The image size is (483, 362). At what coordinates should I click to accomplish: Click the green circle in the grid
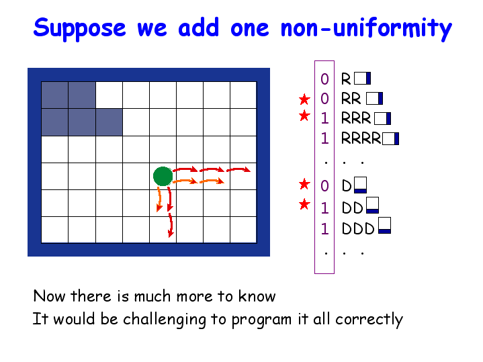pyautogui.click(x=163, y=176)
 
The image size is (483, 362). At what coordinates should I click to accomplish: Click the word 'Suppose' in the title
pyautogui.click(x=79, y=28)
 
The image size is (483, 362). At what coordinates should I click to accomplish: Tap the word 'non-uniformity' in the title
pyautogui.click(x=366, y=28)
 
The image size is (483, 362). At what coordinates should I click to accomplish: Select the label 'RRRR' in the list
pyautogui.click(x=361, y=138)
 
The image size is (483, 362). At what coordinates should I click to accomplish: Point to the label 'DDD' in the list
pyautogui.click(x=358, y=228)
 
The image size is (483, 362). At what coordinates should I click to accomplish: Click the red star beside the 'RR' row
pyautogui.click(x=304, y=99)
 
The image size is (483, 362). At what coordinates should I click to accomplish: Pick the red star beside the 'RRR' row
pyautogui.click(x=304, y=116)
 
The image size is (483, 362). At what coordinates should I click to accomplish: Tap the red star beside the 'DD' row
pyautogui.click(x=304, y=204)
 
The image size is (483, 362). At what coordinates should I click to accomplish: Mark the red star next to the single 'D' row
pyautogui.click(x=304, y=184)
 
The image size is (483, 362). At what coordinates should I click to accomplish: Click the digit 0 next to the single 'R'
pyautogui.click(x=324, y=79)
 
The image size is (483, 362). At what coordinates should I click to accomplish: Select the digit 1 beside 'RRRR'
pyautogui.click(x=324, y=138)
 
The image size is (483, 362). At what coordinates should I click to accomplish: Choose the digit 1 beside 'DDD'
pyautogui.click(x=324, y=229)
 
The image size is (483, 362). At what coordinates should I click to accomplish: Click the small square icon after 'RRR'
pyautogui.click(x=383, y=119)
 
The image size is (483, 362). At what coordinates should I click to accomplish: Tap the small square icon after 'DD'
pyautogui.click(x=372, y=206)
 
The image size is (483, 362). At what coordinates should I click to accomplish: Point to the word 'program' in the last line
pyautogui.click(x=261, y=320)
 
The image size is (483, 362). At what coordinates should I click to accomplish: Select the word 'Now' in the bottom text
pyautogui.click(x=49, y=296)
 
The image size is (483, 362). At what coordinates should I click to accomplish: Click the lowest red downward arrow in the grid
pyautogui.click(x=171, y=226)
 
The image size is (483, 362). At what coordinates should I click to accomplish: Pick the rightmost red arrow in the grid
pyautogui.click(x=238, y=169)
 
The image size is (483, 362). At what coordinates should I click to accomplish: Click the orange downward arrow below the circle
pyautogui.click(x=159, y=199)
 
